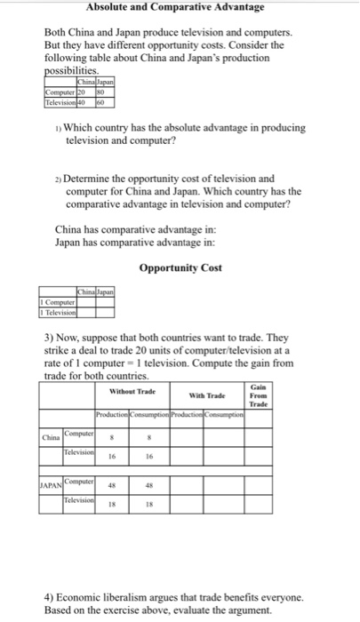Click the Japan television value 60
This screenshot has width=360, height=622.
[x=102, y=102]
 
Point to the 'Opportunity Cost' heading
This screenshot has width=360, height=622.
[x=180, y=267]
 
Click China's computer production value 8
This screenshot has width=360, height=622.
[x=112, y=438]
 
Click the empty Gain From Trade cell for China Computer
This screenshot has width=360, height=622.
[x=258, y=438]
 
